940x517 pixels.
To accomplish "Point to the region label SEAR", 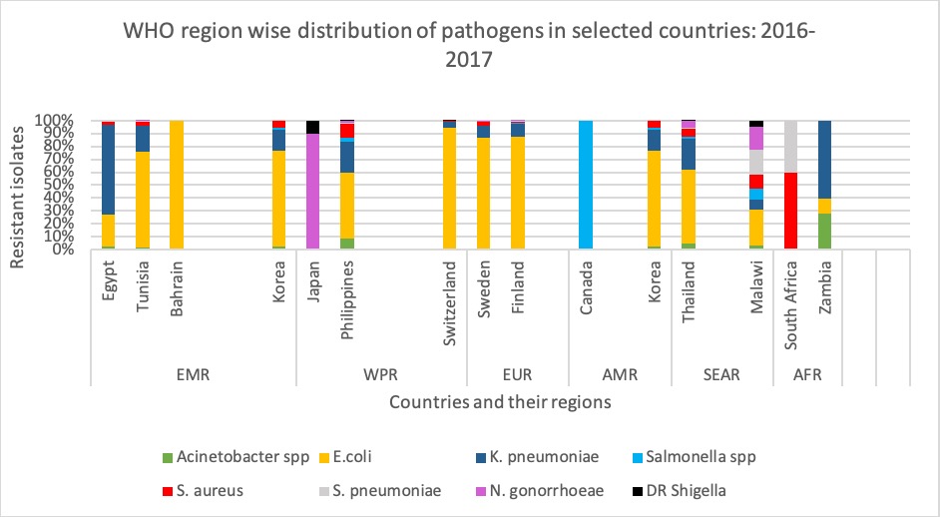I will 720,375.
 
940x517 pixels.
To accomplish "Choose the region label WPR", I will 381,375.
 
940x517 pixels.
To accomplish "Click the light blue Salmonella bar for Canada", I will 587,185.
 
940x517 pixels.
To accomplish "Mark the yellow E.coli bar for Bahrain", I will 177,185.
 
